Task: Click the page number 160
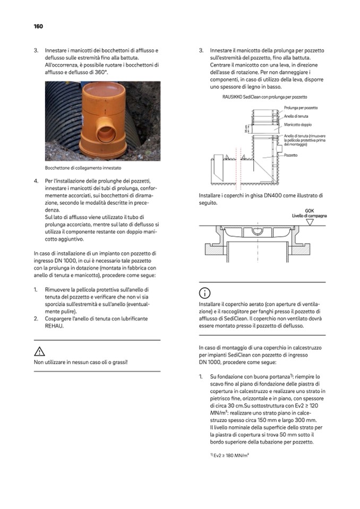pyautogui.click(x=38, y=27)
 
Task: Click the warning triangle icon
pyautogui.click(x=39, y=351)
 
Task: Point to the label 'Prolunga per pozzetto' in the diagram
pyautogui.click(x=301, y=108)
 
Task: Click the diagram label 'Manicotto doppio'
pyautogui.click(x=298, y=125)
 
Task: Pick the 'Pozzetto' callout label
pyautogui.click(x=290, y=155)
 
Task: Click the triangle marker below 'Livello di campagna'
pyautogui.click(x=310, y=223)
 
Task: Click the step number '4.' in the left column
pyautogui.click(x=36, y=181)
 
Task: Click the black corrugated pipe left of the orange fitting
pyautogui.click(x=58, y=122)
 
